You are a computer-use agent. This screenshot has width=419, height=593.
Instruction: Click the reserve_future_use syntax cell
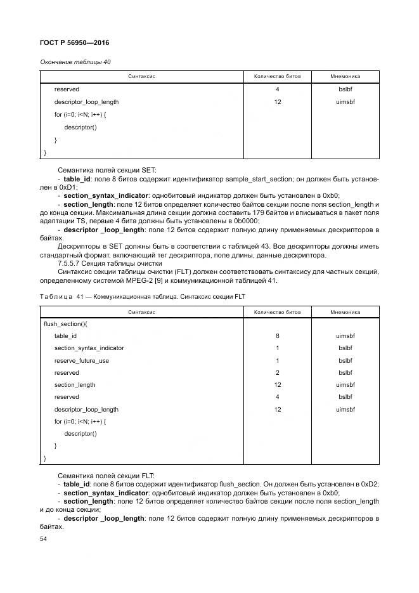pyautogui.click(x=82, y=360)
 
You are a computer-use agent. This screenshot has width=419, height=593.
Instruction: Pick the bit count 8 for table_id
pyautogui.click(x=278, y=336)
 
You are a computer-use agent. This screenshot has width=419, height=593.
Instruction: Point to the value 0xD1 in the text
pyautogui.click(x=64, y=188)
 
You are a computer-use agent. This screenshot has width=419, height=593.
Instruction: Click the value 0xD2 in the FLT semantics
pyautogui.click(x=370, y=484)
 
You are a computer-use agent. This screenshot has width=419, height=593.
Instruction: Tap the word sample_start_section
pyautogui.click(x=286, y=179)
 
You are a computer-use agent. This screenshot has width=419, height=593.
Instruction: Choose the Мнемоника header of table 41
pyautogui.click(x=345, y=311)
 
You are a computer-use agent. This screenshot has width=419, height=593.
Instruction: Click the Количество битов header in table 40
pyautogui.click(x=278, y=76)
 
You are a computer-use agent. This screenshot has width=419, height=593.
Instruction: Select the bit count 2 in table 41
pyautogui.click(x=278, y=372)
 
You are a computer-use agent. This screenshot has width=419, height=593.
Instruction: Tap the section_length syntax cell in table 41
pyautogui.click(x=75, y=385)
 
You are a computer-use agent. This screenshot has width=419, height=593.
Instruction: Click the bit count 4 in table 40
pyautogui.click(x=278, y=89)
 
